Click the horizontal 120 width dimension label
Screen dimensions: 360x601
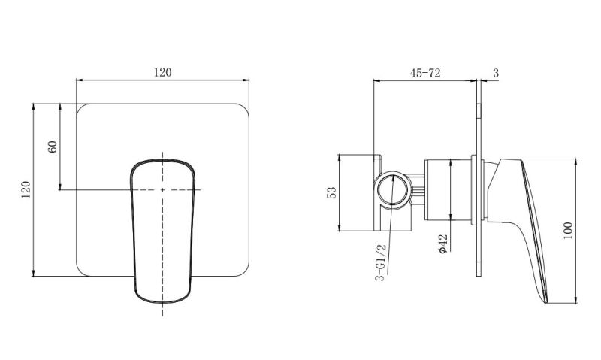(x=163, y=72)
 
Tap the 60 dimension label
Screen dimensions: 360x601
(x=52, y=146)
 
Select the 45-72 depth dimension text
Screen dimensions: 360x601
(x=424, y=73)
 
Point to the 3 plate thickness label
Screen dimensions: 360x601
(x=497, y=73)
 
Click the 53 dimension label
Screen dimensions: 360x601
(x=331, y=193)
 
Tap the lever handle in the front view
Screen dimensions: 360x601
(x=163, y=225)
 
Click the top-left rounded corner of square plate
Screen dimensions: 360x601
(x=83, y=110)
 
